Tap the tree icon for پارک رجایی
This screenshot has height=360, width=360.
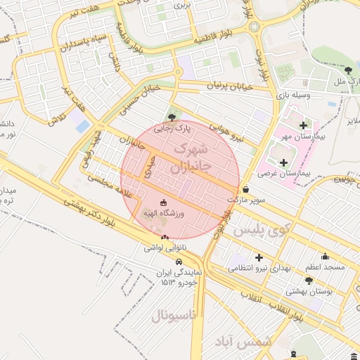(172, 117)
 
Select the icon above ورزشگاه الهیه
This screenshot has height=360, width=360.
(164, 202)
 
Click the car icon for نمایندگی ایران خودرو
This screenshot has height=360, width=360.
(179, 261)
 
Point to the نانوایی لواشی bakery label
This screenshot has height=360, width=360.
(163, 247)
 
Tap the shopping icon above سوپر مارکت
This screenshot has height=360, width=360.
(245, 189)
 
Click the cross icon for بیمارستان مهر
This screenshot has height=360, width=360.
(303, 126)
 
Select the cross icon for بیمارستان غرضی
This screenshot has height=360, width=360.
(283, 162)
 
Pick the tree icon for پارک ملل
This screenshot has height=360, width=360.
(349, 70)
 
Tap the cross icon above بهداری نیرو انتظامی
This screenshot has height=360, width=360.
(259, 257)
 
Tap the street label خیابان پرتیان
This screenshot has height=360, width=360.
(229, 85)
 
